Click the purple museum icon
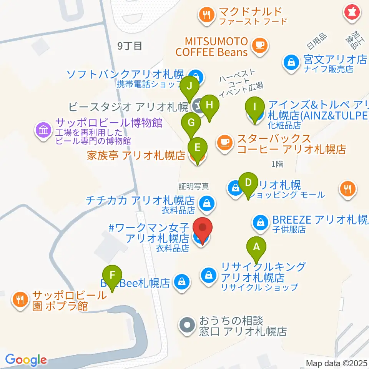coord(43,130)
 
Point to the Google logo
coord(26,360)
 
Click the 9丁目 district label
coord(130,46)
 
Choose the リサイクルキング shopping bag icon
coord(208,275)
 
